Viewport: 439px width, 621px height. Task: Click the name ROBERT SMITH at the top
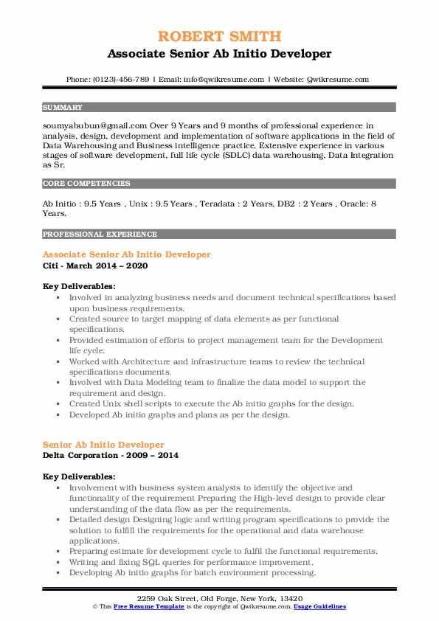coord(219,36)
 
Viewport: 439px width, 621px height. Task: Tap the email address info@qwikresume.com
coord(221,79)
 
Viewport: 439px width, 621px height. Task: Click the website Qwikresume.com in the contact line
coord(338,79)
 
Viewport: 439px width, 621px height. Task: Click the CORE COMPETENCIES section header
coord(86,183)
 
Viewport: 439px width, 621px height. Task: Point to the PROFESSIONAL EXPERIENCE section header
coord(100,234)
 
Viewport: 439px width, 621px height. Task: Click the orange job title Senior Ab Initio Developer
coord(103,445)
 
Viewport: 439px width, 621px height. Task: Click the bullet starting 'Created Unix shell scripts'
coord(212,403)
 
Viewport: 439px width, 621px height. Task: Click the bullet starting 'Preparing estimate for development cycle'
coord(224,551)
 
